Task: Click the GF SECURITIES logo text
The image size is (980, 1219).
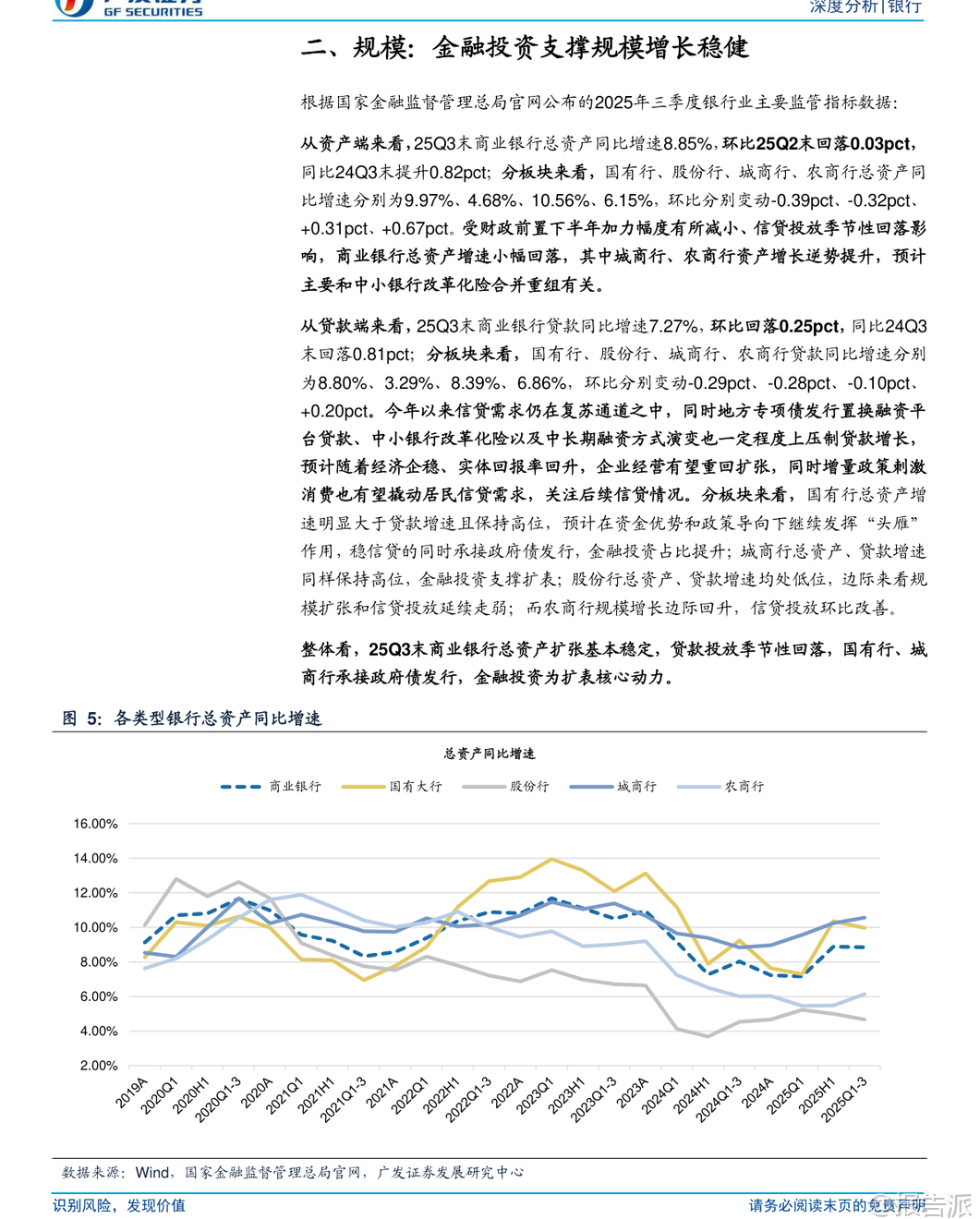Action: click(x=152, y=11)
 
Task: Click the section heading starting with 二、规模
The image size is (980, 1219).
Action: click(x=524, y=47)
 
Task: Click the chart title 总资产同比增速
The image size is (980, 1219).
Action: click(x=489, y=754)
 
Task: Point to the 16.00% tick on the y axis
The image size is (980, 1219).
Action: click(x=96, y=824)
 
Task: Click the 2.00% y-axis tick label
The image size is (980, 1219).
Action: click(x=98, y=1066)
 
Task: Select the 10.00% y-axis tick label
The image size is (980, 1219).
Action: click(x=96, y=927)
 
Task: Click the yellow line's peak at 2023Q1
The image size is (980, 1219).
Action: click(x=551, y=859)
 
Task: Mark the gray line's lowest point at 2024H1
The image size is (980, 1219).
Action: click(x=708, y=1036)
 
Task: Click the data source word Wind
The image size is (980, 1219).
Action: click(x=152, y=1172)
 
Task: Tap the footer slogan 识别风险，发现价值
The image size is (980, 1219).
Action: click(x=119, y=1205)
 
